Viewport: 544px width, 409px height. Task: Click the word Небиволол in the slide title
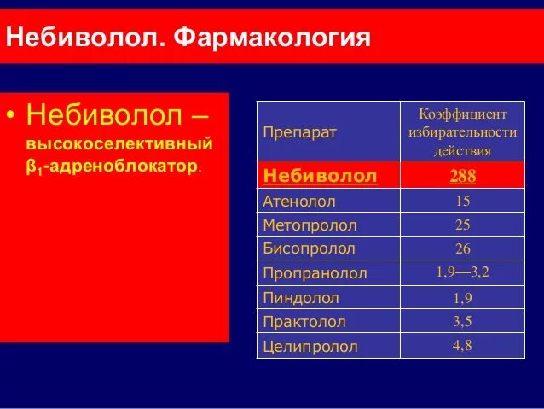pyautogui.click(x=87, y=38)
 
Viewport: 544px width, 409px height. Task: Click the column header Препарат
pyautogui.click(x=299, y=132)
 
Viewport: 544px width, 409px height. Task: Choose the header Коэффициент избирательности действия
pyautogui.click(x=463, y=132)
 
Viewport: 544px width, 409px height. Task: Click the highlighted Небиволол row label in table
pyautogui.click(x=320, y=176)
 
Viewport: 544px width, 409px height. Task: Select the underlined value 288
pyautogui.click(x=463, y=176)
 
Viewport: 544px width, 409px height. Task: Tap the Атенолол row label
pyautogui.click(x=299, y=202)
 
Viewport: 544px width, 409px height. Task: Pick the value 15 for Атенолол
pyautogui.click(x=463, y=202)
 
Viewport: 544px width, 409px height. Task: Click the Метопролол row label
pyautogui.click(x=310, y=225)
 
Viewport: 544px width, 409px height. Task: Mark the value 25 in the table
pyautogui.click(x=463, y=225)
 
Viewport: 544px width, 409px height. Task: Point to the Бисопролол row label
pyautogui.click(x=309, y=249)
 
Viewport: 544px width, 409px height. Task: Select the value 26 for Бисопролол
pyautogui.click(x=463, y=249)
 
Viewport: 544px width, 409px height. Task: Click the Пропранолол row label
pyautogui.click(x=315, y=274)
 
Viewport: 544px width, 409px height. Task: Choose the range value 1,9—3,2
pyautogui.click(x=463, y=272)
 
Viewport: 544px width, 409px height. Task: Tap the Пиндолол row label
pyautogui.click(x=301, y=298)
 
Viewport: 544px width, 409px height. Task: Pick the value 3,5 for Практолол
pyautogui.click(x=463, y=322)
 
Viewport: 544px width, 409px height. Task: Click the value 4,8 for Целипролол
pyautogui.click(x=463, y=346)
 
